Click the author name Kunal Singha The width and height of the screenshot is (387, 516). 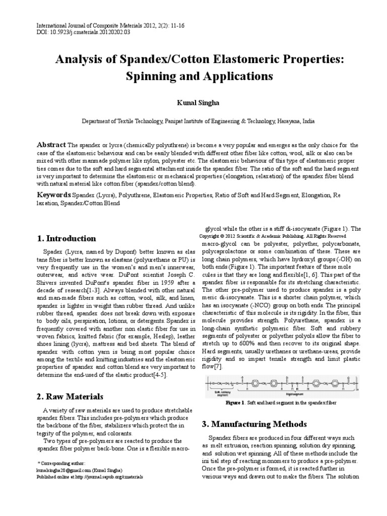pyautogui.click(x=193, y=102)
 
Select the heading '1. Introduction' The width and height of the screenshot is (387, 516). pyautogui.click(x=67, y=238)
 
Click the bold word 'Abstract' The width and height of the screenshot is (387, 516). pyautogui.click(x=52, y=145)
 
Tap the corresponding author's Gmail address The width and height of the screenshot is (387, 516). pyautogui.click(x=63, y=469)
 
